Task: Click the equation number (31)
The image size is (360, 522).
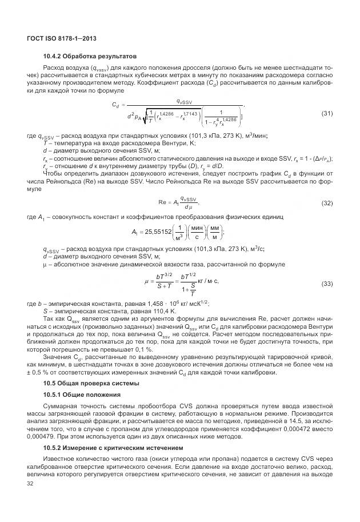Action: pos(327,113)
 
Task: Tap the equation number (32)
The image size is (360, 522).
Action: pos(327,203)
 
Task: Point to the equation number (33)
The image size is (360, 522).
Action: pos(327,284)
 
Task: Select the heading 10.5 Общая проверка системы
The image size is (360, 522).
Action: pos(86,383)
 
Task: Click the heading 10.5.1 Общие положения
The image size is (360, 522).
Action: pos(82,395)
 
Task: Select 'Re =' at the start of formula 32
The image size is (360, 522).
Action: pos(165,203)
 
